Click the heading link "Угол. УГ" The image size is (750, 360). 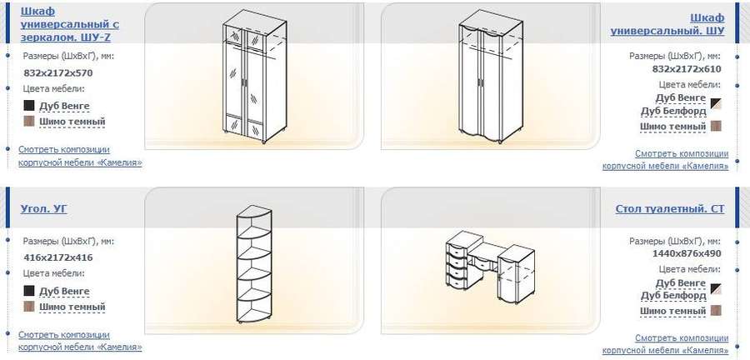(44, 208)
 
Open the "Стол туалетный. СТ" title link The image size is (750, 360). (670, 209)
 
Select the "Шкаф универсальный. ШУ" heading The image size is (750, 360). (667, 24)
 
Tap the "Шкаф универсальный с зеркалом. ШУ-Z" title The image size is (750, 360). (69, 24)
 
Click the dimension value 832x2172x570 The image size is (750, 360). (57, 73)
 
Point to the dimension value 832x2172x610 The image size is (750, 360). (687, 69)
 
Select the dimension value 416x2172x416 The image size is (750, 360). (57, 257)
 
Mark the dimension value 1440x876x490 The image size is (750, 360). (687, 253)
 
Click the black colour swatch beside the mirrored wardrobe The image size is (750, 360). (29, 105)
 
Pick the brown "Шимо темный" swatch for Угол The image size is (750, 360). (29, 306)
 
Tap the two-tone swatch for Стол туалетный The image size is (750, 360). (716, 289)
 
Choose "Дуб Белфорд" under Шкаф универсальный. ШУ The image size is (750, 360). (673, 111)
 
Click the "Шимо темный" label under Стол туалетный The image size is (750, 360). (673, 311)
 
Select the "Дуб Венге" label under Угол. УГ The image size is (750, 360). (64, 291)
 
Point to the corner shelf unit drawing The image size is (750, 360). (254, 266)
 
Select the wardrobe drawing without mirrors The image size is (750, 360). (490, 77)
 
